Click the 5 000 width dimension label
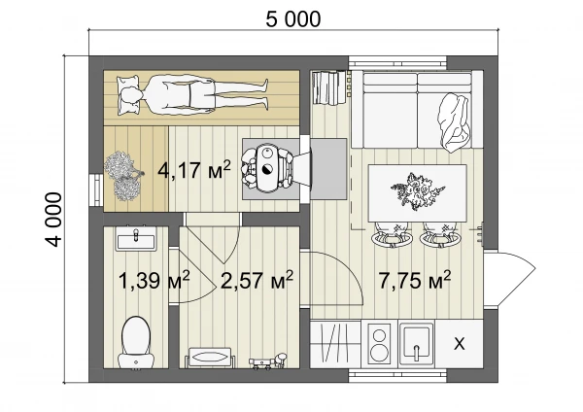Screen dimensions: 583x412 tap(293, 19)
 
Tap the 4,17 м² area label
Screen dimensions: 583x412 tap(194, 170)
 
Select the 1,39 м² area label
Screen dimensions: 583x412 tap(154, 280)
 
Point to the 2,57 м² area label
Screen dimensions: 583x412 tap(257, 280)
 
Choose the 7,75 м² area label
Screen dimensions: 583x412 tap(415, 280)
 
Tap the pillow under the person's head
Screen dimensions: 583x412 tap(128, 95)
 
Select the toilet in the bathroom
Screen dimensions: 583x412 tap(136, 343)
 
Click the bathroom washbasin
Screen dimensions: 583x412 tap(136, 238)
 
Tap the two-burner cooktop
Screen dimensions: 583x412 tap(380, 344)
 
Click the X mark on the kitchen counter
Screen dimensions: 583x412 tap(460, 344)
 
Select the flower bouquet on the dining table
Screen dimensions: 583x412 tap(417, 190)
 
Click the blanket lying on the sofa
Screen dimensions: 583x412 tap(456, 122)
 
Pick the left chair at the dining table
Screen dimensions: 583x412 tap(392, 234)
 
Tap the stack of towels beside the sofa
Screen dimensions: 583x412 tap(328, 87)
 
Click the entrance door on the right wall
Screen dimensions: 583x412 tap(509, 278)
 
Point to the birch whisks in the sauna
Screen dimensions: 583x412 tap(122, 176)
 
